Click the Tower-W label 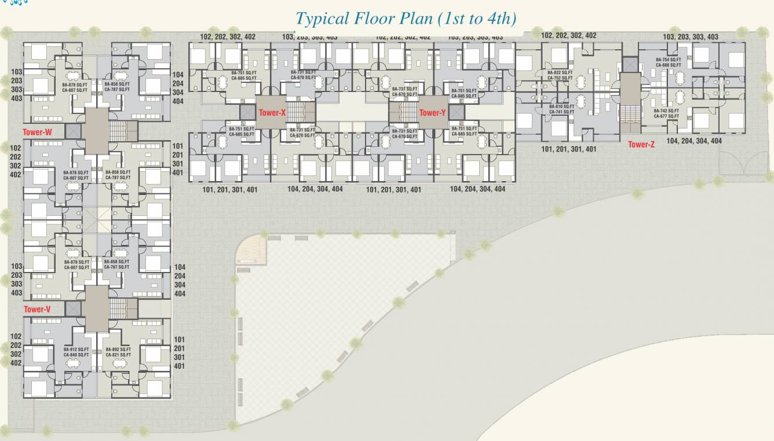tap(37, 132)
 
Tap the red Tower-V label tap(37, 309)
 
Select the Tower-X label tap(272, 113)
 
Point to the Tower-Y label tap(432, 113)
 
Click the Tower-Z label tap(641, 144)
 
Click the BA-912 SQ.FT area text tap(76, 350)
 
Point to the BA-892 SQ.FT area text tap(118, 350)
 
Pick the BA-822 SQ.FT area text tap(560, 73)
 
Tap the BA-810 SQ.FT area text tap(560, 106)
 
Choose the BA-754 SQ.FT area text tap(668, 60)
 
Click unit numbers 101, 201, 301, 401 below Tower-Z tap(568, 149)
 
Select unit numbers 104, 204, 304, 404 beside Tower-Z tap(693, 141)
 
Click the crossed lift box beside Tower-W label tap(74, 131)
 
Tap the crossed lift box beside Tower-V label tap(74, 308)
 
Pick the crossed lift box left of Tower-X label tap(248, 112)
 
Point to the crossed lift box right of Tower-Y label tap(457, 112)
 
